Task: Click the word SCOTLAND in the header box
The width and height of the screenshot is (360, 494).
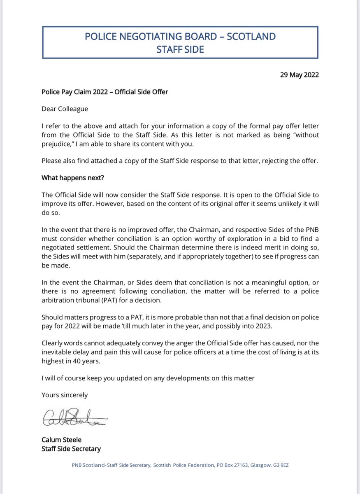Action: [251, 36]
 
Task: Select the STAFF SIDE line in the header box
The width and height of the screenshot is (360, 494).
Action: [180, 49]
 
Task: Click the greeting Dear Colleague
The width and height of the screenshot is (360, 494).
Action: [65, 109]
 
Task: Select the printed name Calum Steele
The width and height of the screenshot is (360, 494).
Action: [61, 440]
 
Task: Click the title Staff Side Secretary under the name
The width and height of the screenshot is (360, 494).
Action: [71, 449]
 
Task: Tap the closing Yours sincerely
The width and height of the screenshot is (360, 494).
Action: [65, 395]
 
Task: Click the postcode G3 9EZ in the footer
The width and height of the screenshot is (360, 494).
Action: [283, 465]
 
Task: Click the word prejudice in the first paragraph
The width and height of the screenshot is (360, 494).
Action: [56, 144]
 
